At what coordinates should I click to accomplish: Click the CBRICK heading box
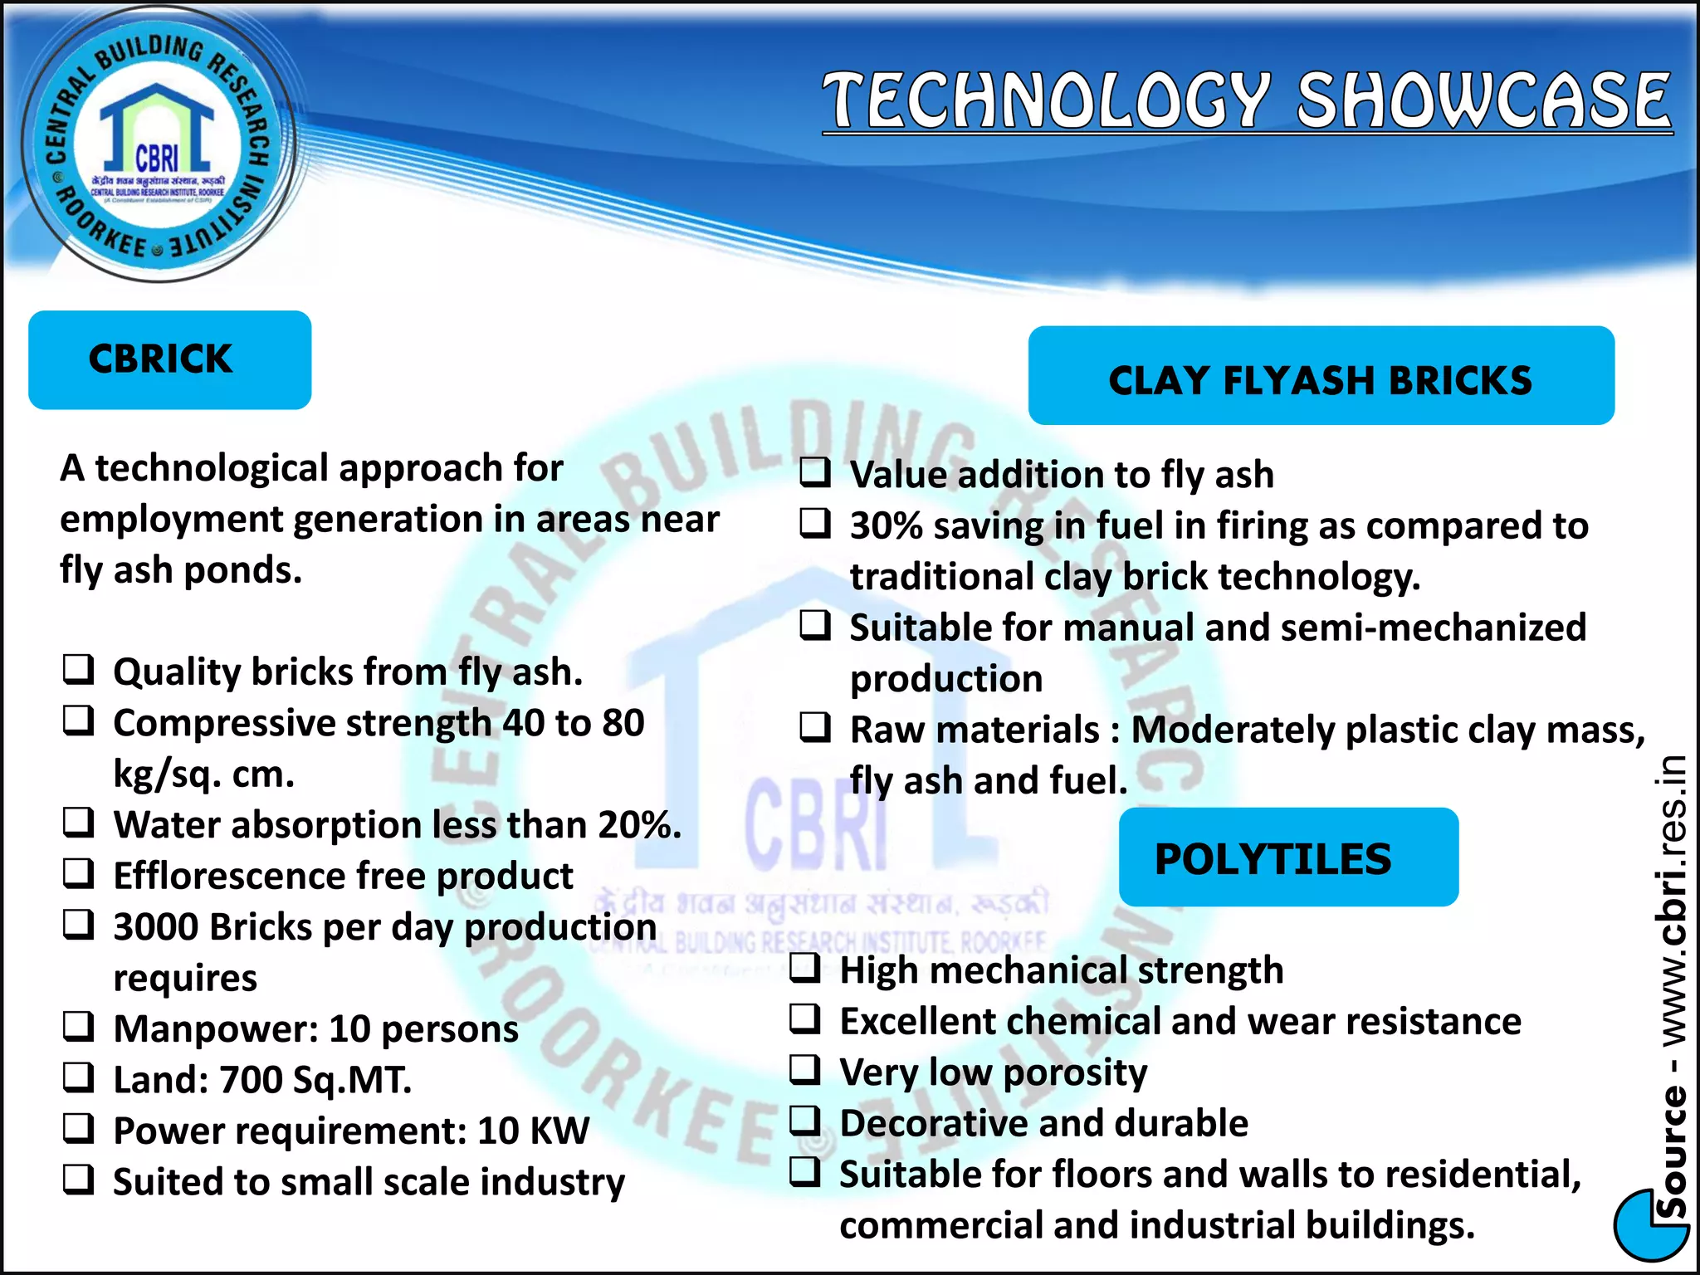[169, 359]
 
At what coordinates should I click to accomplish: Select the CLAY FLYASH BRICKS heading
[1320, 379]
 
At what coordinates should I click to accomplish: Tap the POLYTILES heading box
[1287, 858]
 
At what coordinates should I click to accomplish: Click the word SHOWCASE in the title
[1483, 100]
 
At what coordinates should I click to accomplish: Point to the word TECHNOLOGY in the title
[1048, 100]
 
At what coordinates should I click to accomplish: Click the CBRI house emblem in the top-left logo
[157, 133]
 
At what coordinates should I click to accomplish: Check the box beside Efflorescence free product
[79, 873]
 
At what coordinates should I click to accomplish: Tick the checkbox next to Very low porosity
[805, 1069]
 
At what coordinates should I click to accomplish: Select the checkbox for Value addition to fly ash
[815, 472]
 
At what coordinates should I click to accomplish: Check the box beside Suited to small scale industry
[79, 1180]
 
